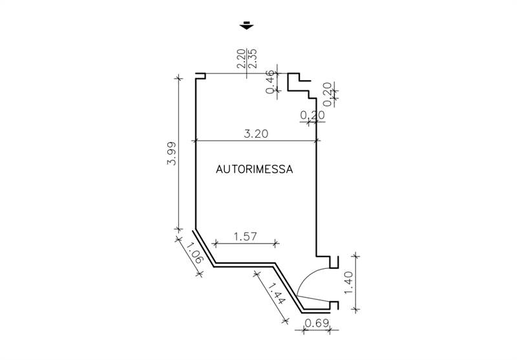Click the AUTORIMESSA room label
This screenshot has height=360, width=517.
(254, 169)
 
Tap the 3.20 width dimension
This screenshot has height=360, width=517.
(256, 134)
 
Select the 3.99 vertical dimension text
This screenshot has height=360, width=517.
(171, 153)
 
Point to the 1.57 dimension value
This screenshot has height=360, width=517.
(245, 237)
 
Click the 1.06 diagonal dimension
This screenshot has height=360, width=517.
(194, 253)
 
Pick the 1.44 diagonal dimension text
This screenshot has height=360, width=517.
(277, 293)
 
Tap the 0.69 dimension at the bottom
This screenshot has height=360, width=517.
(317, 323)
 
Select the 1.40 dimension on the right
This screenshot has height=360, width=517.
(348, 282)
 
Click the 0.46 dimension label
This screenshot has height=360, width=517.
(270, 81)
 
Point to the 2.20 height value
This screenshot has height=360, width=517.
(241, 58)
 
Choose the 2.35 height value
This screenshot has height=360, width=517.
(252, 58)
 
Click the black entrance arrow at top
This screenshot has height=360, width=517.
(246, 25)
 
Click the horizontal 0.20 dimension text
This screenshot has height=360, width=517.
(313, 115)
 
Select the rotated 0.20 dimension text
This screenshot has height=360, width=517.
(327, 94)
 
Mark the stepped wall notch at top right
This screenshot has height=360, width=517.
(302, 86)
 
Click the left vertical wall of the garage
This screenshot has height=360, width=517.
(196, 151)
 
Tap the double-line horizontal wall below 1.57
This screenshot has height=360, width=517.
(245, 265)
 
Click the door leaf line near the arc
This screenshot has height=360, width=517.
(313, 298)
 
